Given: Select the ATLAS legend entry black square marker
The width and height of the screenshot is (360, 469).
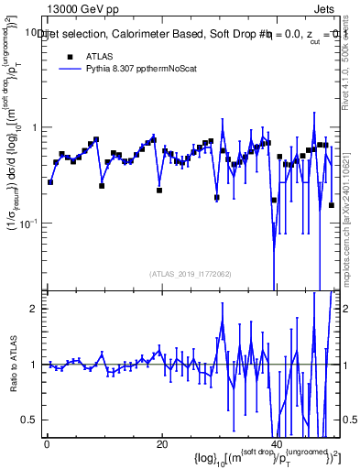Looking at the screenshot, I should [x=69, y=57].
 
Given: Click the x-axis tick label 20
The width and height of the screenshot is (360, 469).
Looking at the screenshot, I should [x=161, y=443].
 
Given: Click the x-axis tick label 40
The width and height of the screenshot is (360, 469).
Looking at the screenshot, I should [x=277, y=443].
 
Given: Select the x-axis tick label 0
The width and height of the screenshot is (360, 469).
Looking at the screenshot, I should [x=46, y=443].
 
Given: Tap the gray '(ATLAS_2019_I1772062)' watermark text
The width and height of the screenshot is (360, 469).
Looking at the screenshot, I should [x=191, y=274].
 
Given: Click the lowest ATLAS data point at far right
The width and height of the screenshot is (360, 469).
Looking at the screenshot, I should [x=331, y=204].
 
